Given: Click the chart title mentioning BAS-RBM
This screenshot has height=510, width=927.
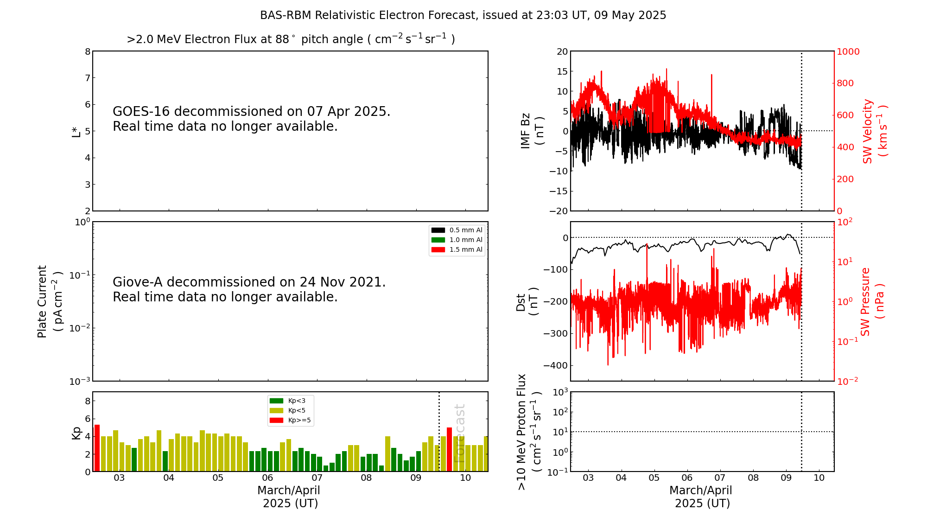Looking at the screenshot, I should [x=463, y=15].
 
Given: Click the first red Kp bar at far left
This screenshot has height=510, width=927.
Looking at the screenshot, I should [x=97, y=448].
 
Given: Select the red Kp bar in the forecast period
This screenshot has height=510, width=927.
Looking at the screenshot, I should [x=449, y=449].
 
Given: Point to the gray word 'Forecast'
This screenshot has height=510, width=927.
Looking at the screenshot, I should [x=459, y=433].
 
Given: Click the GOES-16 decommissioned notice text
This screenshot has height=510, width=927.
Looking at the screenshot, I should [x=251, y=119].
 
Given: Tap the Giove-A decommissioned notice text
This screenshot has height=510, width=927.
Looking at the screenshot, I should [x=249, y=289].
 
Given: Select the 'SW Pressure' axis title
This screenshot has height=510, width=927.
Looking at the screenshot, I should [x=872, y=301].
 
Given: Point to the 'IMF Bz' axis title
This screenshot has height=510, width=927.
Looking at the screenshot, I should [x=532, y=131].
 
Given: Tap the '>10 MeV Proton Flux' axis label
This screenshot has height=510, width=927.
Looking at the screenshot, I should [x=528, y=432].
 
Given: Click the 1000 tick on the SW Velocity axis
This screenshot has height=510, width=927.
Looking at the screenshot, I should [x=848, y=51].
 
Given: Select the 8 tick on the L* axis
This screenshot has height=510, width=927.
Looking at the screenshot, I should [x=88, y=51].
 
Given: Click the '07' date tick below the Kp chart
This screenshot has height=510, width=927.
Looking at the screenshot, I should [x=317, y=478].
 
